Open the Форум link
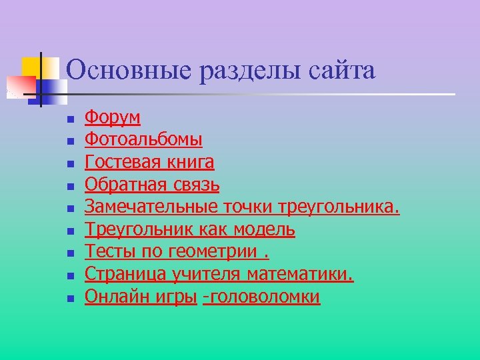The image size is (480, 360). coord(112,117)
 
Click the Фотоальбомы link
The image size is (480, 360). coord(143,140)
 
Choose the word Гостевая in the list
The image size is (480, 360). coord(121,162)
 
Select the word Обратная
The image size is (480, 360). coord(124,185)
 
